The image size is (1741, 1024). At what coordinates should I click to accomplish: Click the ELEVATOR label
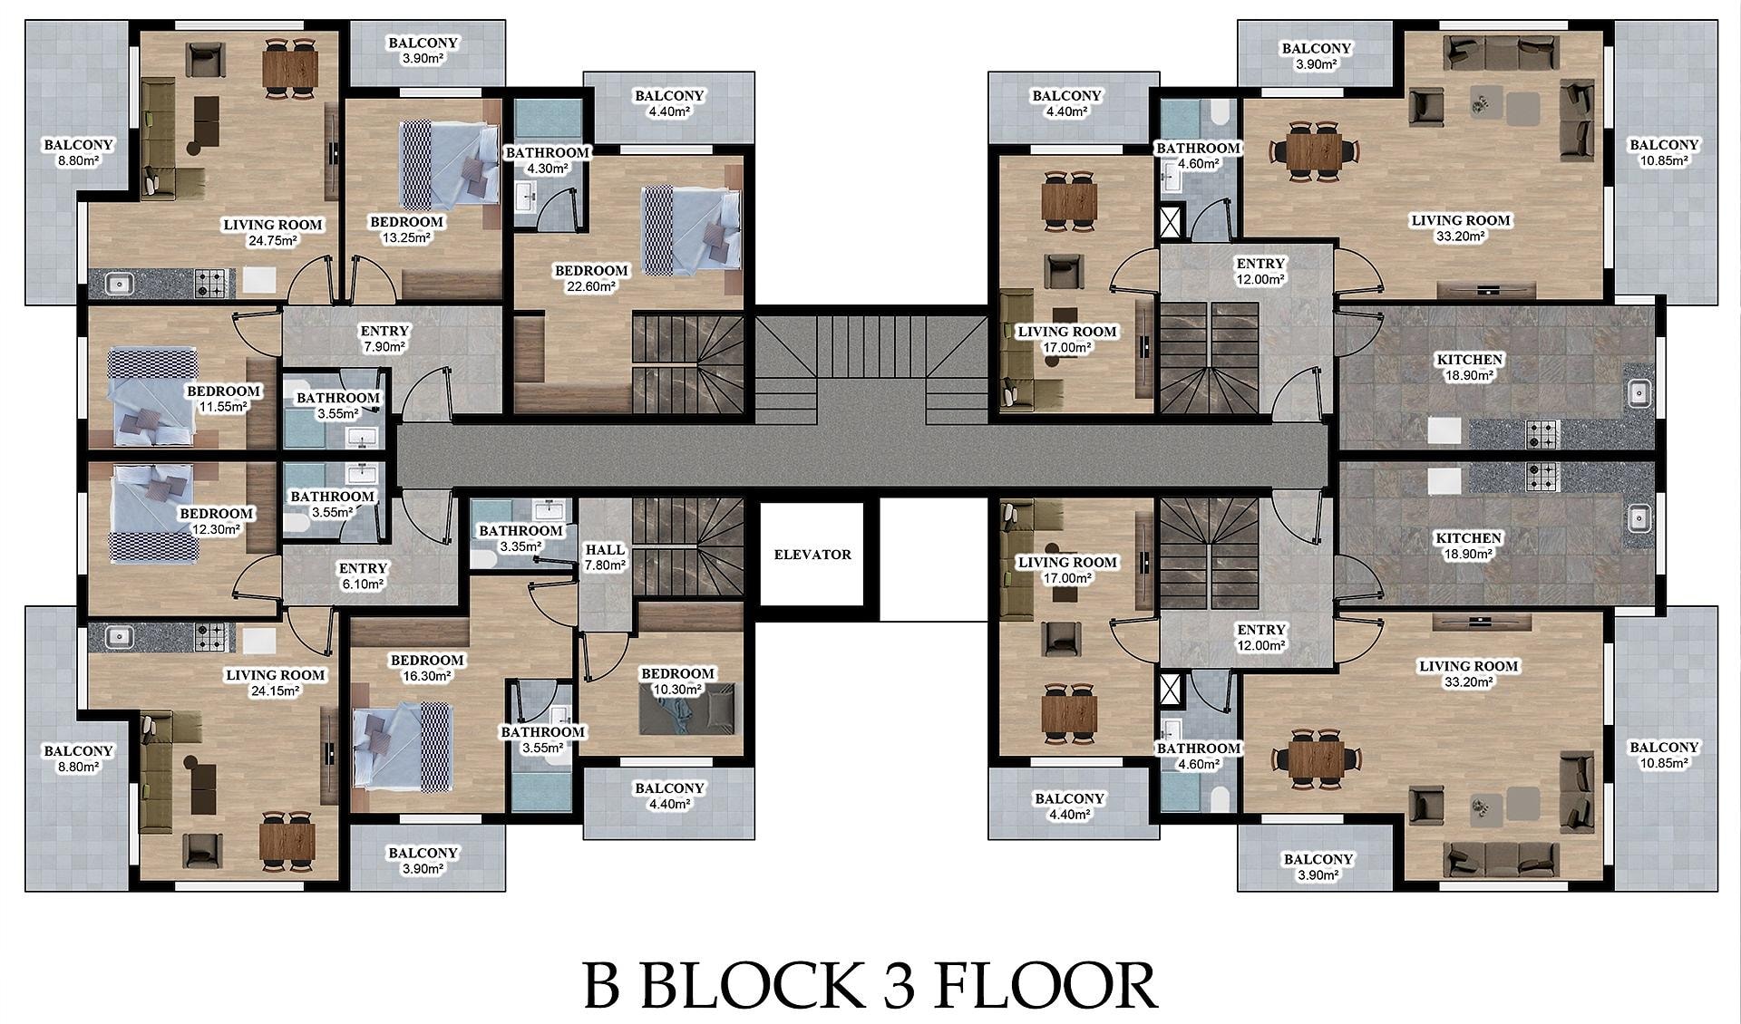click(x=812, y=555)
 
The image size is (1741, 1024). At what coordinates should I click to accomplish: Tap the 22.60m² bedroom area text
click(x=591, y=286)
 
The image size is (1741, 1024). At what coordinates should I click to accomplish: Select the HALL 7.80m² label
click(x=605, y=557)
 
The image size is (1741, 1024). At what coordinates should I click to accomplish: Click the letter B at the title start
click(x=601, y=985)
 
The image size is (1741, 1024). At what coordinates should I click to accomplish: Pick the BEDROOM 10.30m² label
click(x=678, y=681)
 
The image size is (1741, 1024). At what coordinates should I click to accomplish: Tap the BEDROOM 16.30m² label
click(x=427, y=668)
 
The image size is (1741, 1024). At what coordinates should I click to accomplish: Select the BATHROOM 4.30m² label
click(x=548, y=160)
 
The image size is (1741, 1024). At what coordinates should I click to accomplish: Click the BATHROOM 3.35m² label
click(x=521, y=538)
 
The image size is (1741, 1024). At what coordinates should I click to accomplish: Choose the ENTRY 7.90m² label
click(x=384, y=338)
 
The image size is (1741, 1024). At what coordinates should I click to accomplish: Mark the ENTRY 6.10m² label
click(x=363, y=576)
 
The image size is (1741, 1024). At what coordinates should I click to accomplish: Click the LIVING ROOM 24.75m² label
click(x=273, y=232)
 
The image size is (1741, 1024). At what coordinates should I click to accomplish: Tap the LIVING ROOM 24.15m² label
click(x=275, y=682)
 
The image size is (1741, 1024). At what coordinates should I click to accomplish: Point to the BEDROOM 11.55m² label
click(x=223, y=399)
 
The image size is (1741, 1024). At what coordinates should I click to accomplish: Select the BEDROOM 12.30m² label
click(x=216, y=521)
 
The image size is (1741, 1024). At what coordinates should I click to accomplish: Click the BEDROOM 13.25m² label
click(x=406, y=229)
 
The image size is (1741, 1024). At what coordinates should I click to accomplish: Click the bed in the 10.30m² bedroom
click(x=687, y=710)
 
